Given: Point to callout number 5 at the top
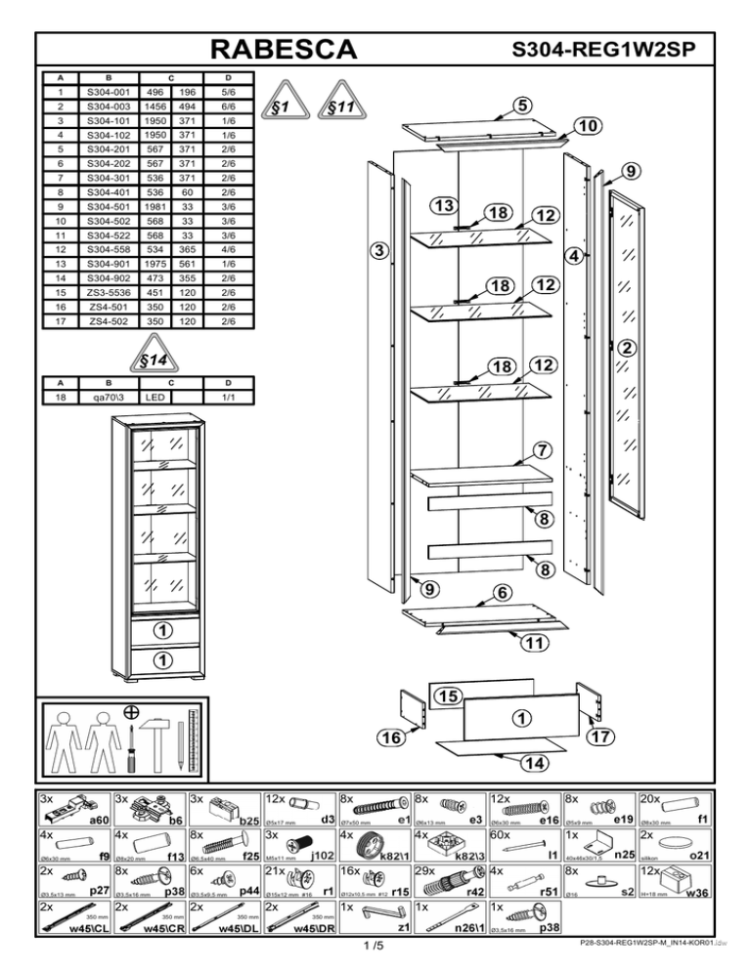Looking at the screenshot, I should point(524,105).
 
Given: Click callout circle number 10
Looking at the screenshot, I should point(587,127).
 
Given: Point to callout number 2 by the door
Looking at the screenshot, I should point(628,347).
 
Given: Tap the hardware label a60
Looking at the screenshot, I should point(98,822).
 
